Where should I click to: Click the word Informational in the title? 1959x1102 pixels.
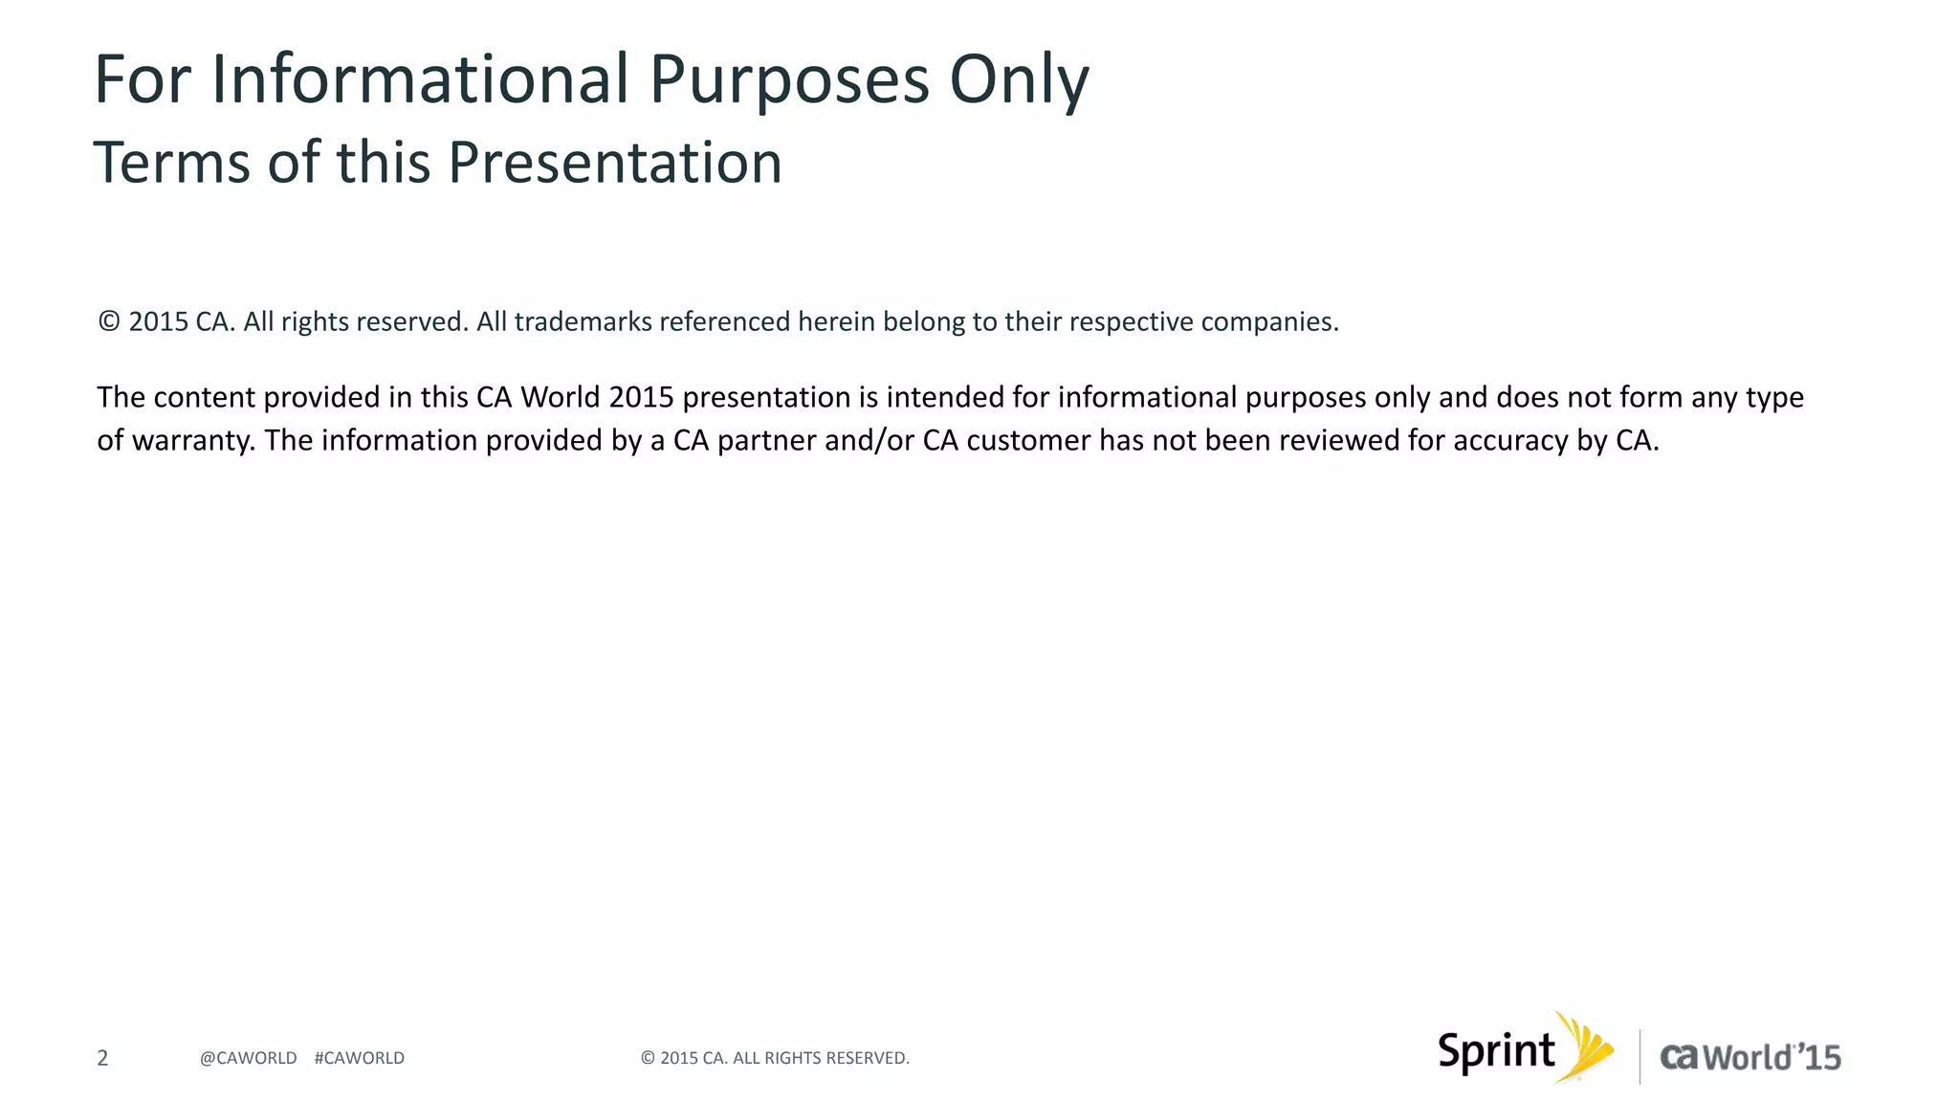(428, 79)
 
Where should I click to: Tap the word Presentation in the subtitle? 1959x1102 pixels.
(614, 163)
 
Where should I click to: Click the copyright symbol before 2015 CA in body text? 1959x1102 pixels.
(109, 321)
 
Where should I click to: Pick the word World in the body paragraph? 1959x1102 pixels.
(560, 397)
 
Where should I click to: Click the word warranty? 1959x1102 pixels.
(192, 441)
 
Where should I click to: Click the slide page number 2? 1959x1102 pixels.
(102, 1058)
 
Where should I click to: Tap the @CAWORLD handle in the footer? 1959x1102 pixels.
(248, 1058)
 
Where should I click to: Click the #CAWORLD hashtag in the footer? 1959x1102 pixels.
(359, 1058)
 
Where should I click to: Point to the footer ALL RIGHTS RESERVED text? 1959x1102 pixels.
(820, 1058)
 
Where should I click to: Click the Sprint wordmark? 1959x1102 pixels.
(1496, 1052)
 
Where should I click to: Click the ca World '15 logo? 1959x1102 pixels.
(1750, 1057)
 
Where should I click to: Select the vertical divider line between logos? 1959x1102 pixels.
(1640, 1056)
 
